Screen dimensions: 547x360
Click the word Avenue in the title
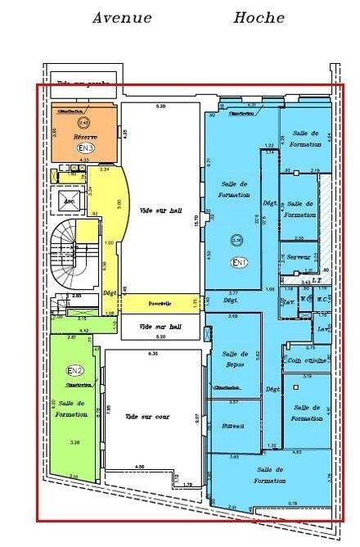point(122,18)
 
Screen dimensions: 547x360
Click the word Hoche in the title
point(259,18)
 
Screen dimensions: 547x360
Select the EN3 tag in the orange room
point(85,148)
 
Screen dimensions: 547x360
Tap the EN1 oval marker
point(240,263)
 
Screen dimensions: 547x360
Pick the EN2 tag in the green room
point(74,371)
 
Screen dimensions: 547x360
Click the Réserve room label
point(86,137)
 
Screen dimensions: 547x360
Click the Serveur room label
point(299,256)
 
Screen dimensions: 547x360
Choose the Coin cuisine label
point(305,359)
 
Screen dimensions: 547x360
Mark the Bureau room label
point(233,427)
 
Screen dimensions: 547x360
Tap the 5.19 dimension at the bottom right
point(293,502)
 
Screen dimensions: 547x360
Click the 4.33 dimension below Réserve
point(84,160)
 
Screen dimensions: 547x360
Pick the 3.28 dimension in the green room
point(75,443)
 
